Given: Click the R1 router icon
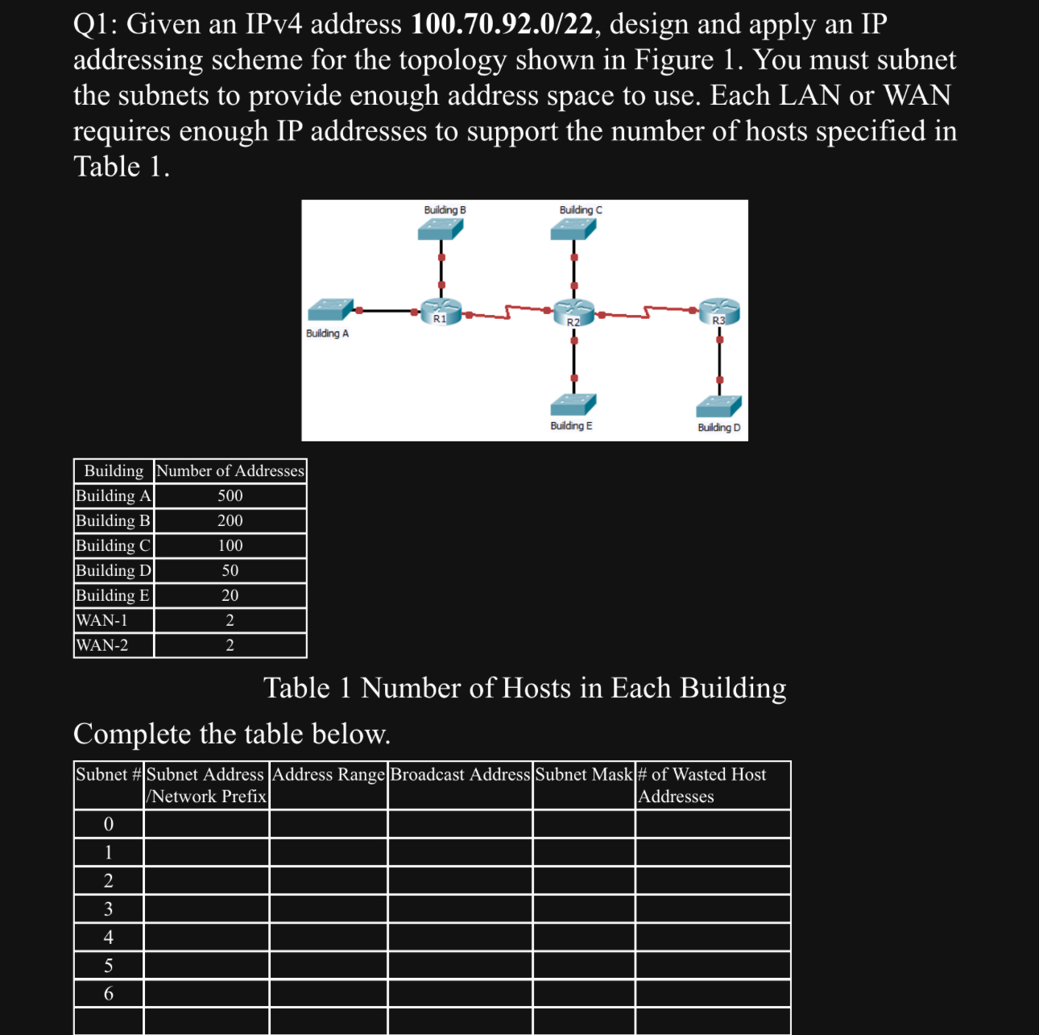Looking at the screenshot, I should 441,310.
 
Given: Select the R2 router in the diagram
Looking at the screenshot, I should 573,310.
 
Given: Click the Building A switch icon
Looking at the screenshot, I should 330,309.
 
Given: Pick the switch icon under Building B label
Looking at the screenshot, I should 441,230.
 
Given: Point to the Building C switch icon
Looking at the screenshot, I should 573,230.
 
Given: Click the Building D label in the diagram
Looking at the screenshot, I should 718,428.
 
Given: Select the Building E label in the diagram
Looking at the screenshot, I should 571,426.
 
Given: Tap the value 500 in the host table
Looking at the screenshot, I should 230,496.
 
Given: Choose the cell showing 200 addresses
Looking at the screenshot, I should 230,521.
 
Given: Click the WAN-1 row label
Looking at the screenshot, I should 102,621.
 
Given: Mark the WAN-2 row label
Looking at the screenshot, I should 102,646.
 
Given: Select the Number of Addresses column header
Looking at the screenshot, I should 230,471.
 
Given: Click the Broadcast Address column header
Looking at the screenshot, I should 460,775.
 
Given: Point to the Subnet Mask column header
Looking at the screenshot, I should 584,775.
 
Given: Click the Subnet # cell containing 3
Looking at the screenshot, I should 109,909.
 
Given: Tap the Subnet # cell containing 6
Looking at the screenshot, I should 109,994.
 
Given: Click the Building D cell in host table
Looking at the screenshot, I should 113,571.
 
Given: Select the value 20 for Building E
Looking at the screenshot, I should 230,596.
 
